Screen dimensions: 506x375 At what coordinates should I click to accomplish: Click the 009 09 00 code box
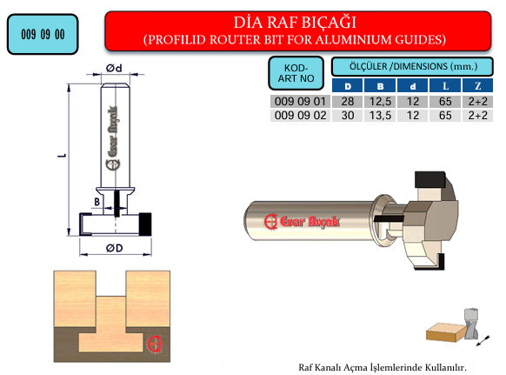43,34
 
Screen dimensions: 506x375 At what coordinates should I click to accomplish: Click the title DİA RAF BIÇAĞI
295,23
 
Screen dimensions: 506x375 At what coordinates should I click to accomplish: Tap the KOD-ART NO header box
296,73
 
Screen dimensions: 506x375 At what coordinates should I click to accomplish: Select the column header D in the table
348,86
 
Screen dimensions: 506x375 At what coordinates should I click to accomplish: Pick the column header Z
477,86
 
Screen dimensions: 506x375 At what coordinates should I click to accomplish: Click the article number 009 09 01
300,102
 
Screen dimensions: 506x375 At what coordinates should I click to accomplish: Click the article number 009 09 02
300,116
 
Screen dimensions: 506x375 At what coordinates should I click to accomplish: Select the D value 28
348,102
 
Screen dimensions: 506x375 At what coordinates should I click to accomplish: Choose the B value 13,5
380,116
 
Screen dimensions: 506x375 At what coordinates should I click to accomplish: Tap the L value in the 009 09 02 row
445,116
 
